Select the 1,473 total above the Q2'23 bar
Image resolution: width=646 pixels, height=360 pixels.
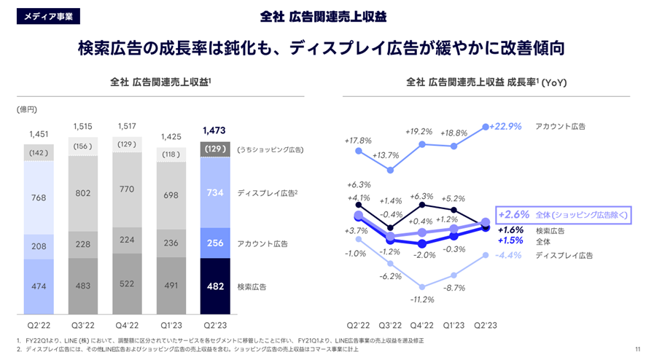(x=215, y=132)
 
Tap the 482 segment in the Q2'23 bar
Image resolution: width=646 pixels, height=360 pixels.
(x=215, y=286)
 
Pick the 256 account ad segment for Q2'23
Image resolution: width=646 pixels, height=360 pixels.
(x=215, y=243)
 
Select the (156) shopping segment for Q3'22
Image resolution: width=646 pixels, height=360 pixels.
(x=82, y=146)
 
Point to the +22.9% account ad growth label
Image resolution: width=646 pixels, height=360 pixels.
(x=506, y=126)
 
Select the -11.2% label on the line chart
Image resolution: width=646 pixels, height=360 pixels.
(x=421, y=299)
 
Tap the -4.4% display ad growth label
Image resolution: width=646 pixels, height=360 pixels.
(x=506, y=255)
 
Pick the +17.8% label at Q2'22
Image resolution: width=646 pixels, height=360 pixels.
(x=357, y=140)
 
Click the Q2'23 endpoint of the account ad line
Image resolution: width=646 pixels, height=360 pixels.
(x=486, y=127)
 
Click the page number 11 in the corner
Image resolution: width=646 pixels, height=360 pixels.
(x=637, y=348)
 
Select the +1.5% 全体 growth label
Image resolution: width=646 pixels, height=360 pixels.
(x=510, y=240)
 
